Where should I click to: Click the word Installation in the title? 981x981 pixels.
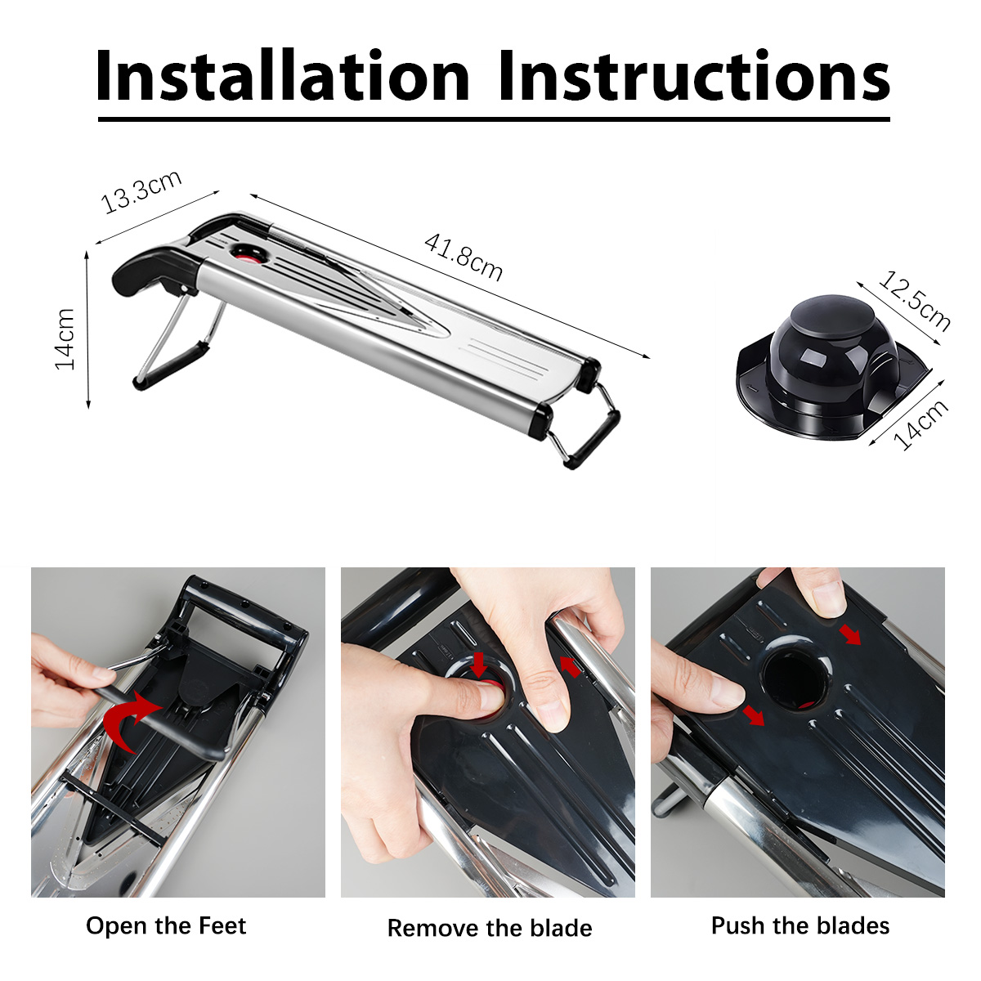coord(283,75)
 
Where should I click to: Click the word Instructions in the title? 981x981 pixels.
coord(694,75)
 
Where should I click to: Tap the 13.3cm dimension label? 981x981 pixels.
coord(141,191)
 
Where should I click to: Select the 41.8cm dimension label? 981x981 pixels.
coord(464,257)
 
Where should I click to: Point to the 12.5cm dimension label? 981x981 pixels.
coord(914,302)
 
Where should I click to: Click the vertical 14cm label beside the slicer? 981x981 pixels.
coord(65,338)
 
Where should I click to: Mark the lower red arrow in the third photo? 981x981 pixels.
coord(754,715)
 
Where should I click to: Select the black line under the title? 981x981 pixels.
coord(494,119)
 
